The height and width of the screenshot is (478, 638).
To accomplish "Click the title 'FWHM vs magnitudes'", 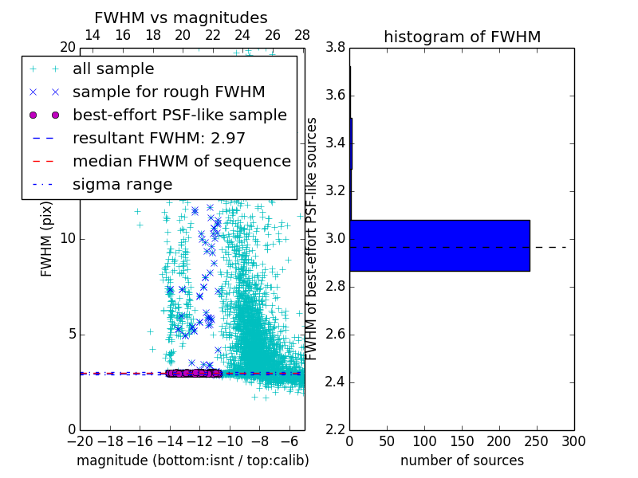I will coord(180,18).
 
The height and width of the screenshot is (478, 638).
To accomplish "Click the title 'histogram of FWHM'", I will coord(462,37).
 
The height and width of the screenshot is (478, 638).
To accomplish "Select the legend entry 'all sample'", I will coord(113,69).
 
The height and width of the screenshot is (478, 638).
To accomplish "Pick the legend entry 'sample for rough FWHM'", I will coord(168,92).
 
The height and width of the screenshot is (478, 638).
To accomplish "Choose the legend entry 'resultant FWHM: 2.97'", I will coord(159,138).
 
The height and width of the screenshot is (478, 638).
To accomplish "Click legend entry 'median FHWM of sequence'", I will coord(181,161).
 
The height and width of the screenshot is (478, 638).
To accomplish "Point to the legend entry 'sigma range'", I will coord(122,184).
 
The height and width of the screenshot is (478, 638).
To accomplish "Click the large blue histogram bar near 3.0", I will coord(439,245).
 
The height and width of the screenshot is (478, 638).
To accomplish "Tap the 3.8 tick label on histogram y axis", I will coord(335,48).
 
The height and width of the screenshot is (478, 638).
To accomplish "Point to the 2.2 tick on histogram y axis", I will coord(335,429).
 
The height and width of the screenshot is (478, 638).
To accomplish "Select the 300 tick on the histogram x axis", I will coord(573,441).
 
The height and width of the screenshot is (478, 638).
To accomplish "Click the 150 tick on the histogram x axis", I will coord(462,441).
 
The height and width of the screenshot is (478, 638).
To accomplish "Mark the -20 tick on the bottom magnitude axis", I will coord(80,441).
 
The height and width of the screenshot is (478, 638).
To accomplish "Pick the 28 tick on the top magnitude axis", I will coord(302,35).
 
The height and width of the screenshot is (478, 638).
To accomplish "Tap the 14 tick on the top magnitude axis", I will coord(93,35).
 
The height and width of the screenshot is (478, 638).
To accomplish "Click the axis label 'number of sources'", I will coord(462,460).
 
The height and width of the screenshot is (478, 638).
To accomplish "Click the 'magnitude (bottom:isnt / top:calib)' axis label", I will coord(192,460).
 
